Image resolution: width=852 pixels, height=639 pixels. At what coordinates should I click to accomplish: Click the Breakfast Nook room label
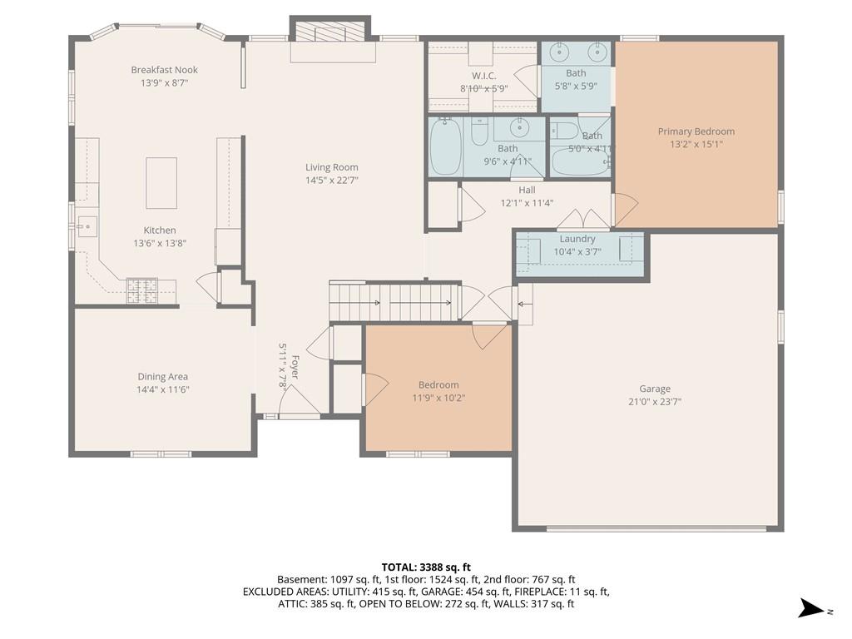click(x=164, y=70)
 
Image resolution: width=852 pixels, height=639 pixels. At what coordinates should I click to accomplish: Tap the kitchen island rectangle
click(x=161, y=183)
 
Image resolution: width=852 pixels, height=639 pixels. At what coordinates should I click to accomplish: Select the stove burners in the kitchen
click(x=141, y=290)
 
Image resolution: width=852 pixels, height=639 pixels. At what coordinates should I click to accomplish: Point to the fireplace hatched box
click(x=330, y=32)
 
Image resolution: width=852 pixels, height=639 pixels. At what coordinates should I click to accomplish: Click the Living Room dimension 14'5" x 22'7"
click(x=331, y=181)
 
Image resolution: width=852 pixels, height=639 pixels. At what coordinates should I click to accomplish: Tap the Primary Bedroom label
click(x=696, y=131)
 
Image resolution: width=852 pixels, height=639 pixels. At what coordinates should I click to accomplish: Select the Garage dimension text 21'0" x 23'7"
click(x=655, y=402)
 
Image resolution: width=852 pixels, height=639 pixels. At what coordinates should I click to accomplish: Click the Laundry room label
click(x=577, y=239)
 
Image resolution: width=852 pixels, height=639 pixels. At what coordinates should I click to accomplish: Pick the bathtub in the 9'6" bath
click(x=446, y=147)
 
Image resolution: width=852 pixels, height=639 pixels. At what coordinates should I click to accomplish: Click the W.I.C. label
click(x=483, y=76)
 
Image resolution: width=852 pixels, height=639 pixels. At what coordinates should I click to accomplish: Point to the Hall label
click(x=527, y=191)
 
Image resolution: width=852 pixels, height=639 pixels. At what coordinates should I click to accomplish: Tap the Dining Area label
click(x=162, y=377)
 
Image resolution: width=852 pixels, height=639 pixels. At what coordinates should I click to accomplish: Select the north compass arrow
click(x=811, y=608)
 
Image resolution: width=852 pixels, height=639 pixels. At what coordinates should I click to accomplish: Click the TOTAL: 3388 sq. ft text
click(x=426, y=567)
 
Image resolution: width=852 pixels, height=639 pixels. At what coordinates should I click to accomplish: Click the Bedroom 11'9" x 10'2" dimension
click(x=438, y=399)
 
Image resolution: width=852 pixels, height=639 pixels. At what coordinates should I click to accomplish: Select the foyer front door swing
click(x=300, y=399)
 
